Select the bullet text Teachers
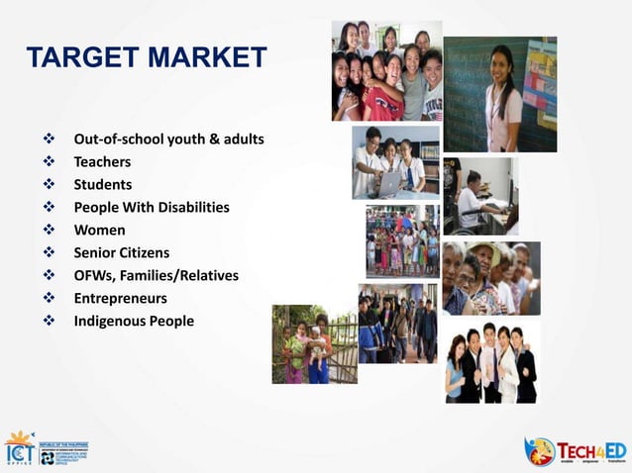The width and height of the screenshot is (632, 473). pos(102,161)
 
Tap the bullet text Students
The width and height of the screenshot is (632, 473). pos(102,184)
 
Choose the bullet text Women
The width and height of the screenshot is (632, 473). pos(99,230)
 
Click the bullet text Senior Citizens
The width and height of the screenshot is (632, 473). pos(121,252)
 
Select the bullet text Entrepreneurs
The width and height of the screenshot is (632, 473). pos(120,298)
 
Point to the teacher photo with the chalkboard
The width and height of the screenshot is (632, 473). pos(499,94)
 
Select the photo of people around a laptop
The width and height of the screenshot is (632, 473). pos(395,161)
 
